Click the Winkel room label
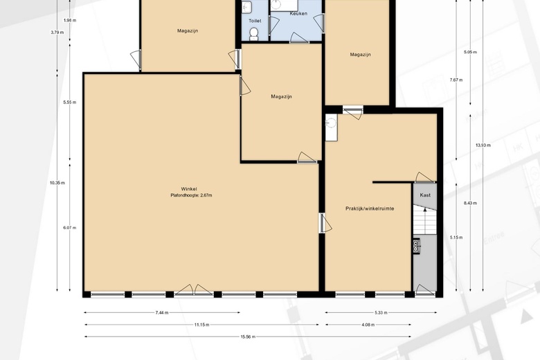(189, 189)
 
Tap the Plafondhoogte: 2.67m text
(191, 195)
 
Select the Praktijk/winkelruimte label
(370, 208)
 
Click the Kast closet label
(425, 195)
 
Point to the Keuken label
(298, 13)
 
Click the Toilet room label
(255, 21)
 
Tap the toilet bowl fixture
(254, 34)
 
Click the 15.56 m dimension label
(248, 336)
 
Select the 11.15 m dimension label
(202, 325)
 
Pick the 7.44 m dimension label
(162, 313)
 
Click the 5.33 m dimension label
(381, 313)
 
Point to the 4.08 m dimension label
(368, 325)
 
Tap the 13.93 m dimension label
(483, 145)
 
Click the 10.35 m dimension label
(57, 183)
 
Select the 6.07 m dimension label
(70, 228)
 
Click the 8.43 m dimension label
(471, 204)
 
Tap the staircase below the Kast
(425, 219)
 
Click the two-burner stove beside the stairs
(416, 246)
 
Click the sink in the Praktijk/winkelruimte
(332, 127)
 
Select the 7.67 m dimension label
(456, 80)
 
